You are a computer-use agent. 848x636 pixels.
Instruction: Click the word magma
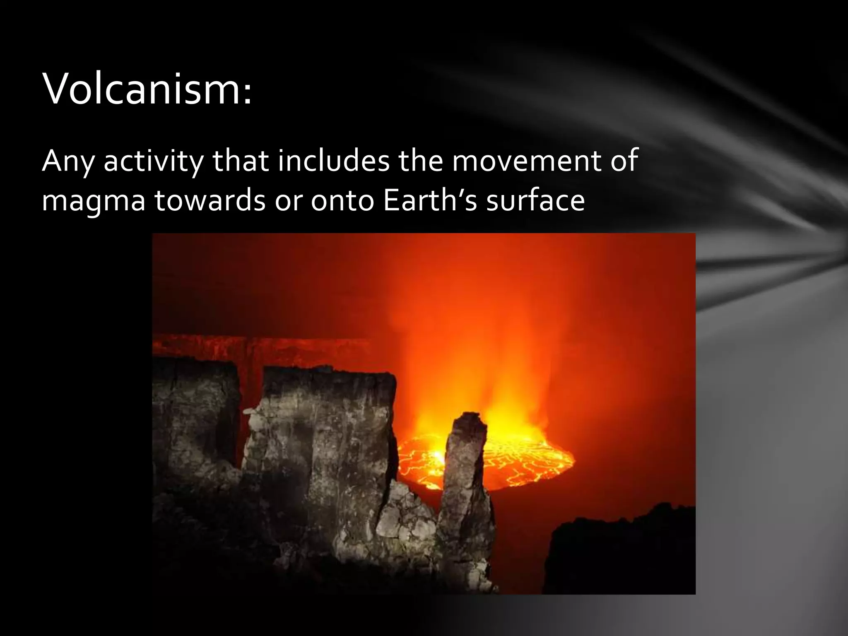tap(94, 201)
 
